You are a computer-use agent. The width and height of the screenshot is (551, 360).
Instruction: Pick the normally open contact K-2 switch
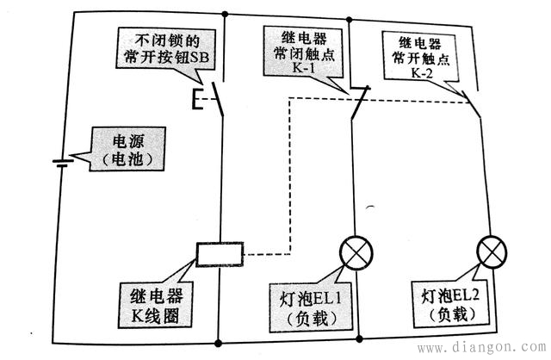pyautogui.click(x=471, y=102)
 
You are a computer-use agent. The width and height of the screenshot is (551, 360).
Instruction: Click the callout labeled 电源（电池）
pyautogui.click(x=126, y=149)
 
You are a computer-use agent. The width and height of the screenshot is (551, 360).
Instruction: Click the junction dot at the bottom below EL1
pyautogui.click(x=354, y=335)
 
